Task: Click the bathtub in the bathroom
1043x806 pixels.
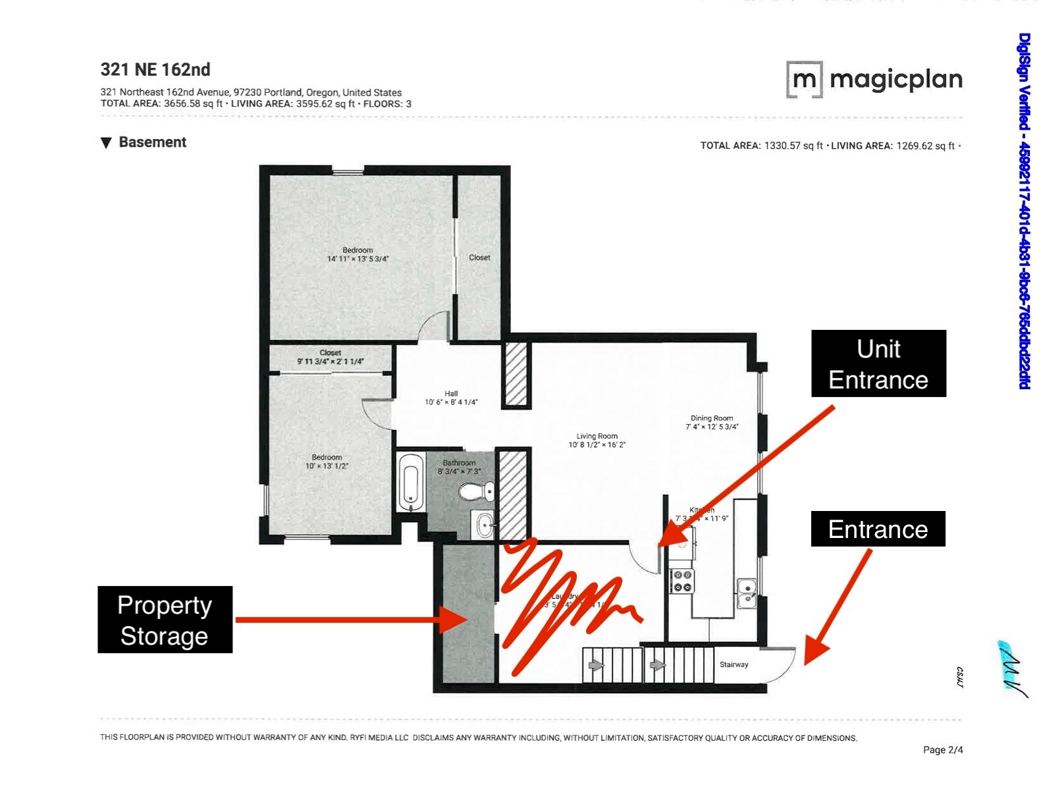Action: (411, 482)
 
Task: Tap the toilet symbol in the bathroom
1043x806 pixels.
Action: (476, 491)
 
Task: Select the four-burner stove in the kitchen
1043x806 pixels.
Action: (682, 581)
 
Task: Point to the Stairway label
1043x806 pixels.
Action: (734, 664)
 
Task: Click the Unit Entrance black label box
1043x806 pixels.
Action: (878, 363)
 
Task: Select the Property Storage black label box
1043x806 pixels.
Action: (165, 620)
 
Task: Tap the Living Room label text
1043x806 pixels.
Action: (597, 436)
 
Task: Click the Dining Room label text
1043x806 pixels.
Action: (711, 418)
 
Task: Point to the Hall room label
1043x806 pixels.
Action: (451, 394)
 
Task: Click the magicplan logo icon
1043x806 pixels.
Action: (804, 80)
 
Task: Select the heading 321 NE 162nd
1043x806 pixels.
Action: (155, 70)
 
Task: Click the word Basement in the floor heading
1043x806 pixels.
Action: (152, 142)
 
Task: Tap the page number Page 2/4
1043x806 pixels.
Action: (942, 749)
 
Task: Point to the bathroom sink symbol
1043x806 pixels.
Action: (485, 525)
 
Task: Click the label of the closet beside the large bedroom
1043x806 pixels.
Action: (479, 257)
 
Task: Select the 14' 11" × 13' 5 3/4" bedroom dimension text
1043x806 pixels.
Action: (358, 259)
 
